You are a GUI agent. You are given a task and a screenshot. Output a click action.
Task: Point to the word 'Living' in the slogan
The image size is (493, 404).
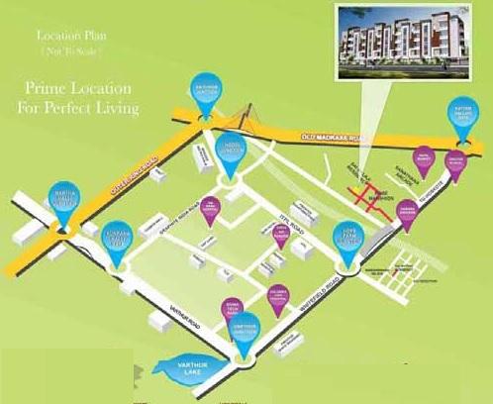coord(114,106)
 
